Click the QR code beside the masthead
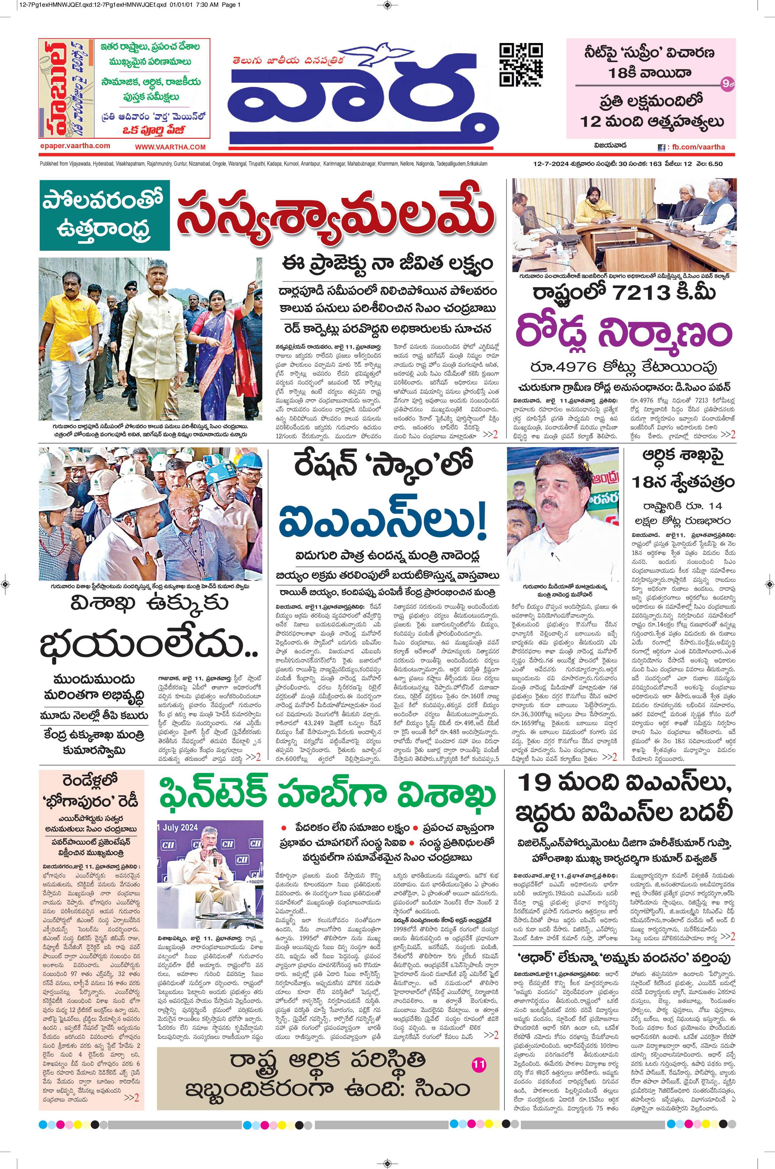(x=521, y=65)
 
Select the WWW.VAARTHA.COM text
(x=170, y=147)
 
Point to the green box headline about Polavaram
(x=105, y=215)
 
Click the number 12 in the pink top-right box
(x=595, y=121)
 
